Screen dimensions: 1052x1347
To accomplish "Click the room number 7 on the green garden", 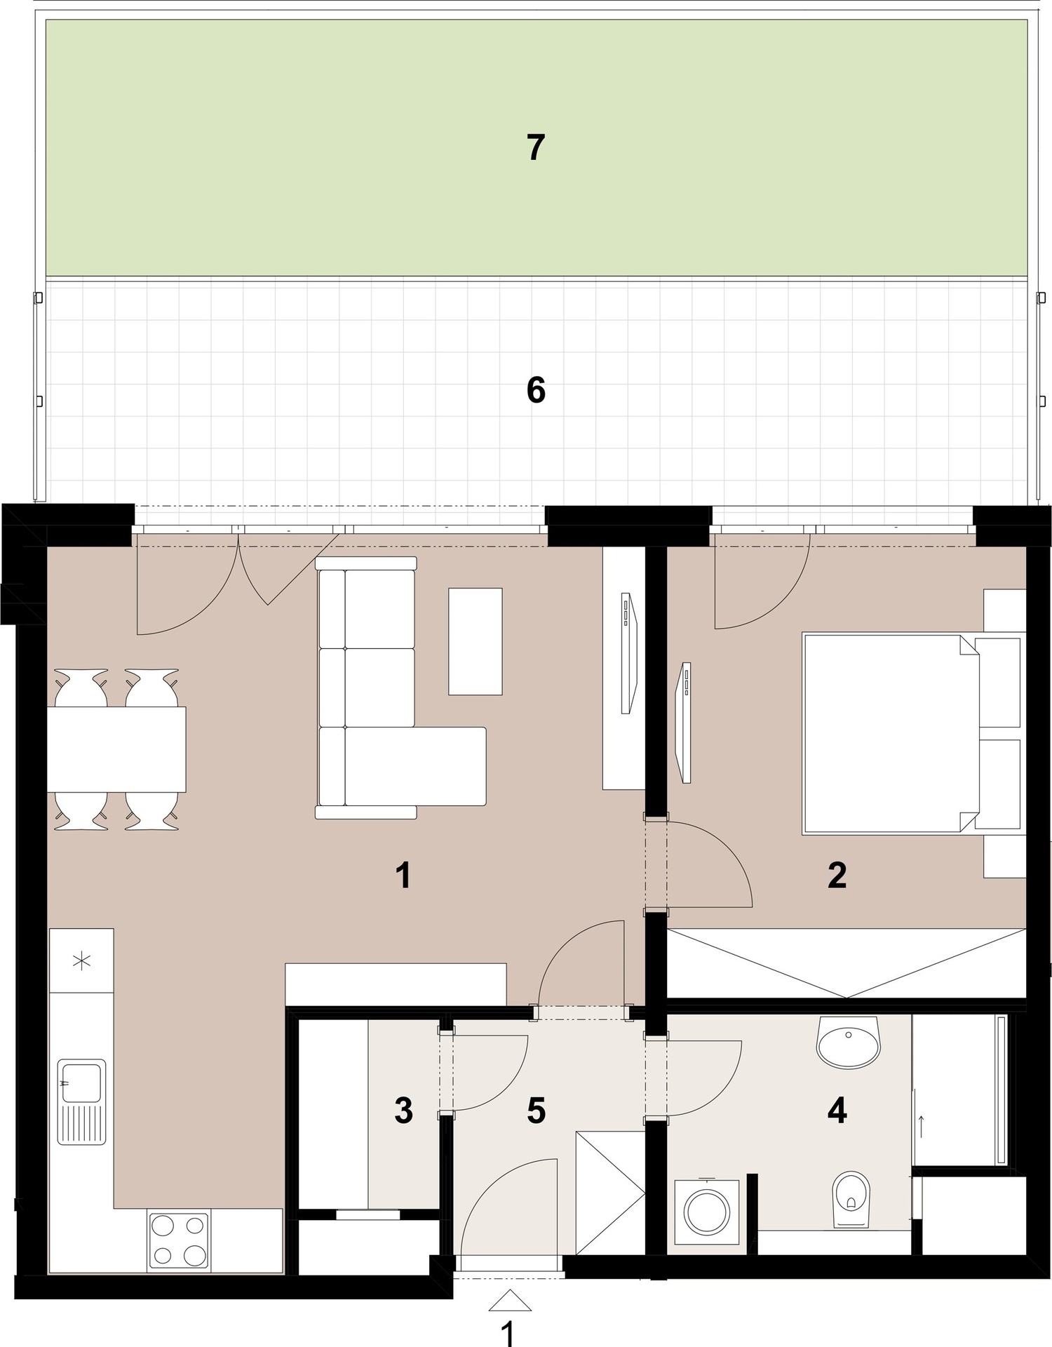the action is (x=536, y=148).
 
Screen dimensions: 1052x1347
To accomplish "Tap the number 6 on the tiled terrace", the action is (x=536, y=390).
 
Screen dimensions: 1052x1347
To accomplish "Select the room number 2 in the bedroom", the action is (x=837, y=875).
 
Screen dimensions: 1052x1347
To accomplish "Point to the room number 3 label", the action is (x=403, y=1111).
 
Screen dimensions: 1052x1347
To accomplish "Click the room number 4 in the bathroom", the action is (x=837, y=1111).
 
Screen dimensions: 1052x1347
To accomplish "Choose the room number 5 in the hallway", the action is (x=536, y=1111).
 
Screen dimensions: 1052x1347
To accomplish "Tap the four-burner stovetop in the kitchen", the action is (x=179, y=1240).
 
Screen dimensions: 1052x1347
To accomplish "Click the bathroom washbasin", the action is (x=848, y=1041).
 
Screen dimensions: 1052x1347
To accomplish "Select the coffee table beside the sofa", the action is (x=476, y=641).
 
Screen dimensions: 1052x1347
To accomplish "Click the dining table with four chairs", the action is (x=116, y=749).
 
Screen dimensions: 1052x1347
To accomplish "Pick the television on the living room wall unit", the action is (x=628, y=653).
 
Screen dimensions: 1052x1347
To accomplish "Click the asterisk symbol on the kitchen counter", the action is (x=82, y=960).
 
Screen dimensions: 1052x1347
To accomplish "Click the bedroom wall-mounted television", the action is (x=683, y=722).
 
